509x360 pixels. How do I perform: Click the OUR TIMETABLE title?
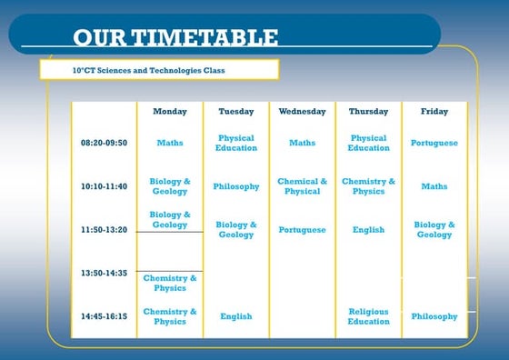click(x=175, y=37)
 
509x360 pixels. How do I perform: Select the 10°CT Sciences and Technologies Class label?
click(x=148, y=70)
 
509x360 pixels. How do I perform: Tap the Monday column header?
click(x=170, y=112)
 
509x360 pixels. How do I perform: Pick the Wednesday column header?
click(x=302, y=112)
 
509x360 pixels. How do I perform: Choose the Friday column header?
click(x=434, y=112)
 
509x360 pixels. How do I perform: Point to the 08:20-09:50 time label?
click(x=104, y=143)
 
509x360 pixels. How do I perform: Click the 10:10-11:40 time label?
click(x=104, y=186)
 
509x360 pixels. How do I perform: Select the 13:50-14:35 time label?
click(x=104, y=273)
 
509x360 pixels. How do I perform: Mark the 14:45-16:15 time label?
click(x=104, y=316)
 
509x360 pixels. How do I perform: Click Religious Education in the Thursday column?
click(x=368, y=316)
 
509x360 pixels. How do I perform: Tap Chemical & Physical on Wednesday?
click(x=302, y=186)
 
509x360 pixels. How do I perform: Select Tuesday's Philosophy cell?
click(x=236, y=186)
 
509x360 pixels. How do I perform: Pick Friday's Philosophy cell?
click(x=434, y=316)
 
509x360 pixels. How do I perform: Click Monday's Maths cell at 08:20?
click(x=170, y=143)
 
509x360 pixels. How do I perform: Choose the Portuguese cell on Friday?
click(x=434, y=143)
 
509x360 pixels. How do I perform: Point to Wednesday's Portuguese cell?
click(x=302, y=230)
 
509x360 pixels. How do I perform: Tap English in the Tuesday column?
click(x=236, y=316)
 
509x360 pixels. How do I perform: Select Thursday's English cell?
click(x=368, y=230)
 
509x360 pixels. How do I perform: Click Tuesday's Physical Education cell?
click(x=236, y=143)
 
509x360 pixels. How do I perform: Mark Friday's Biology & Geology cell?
click(x=434, y=229)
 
